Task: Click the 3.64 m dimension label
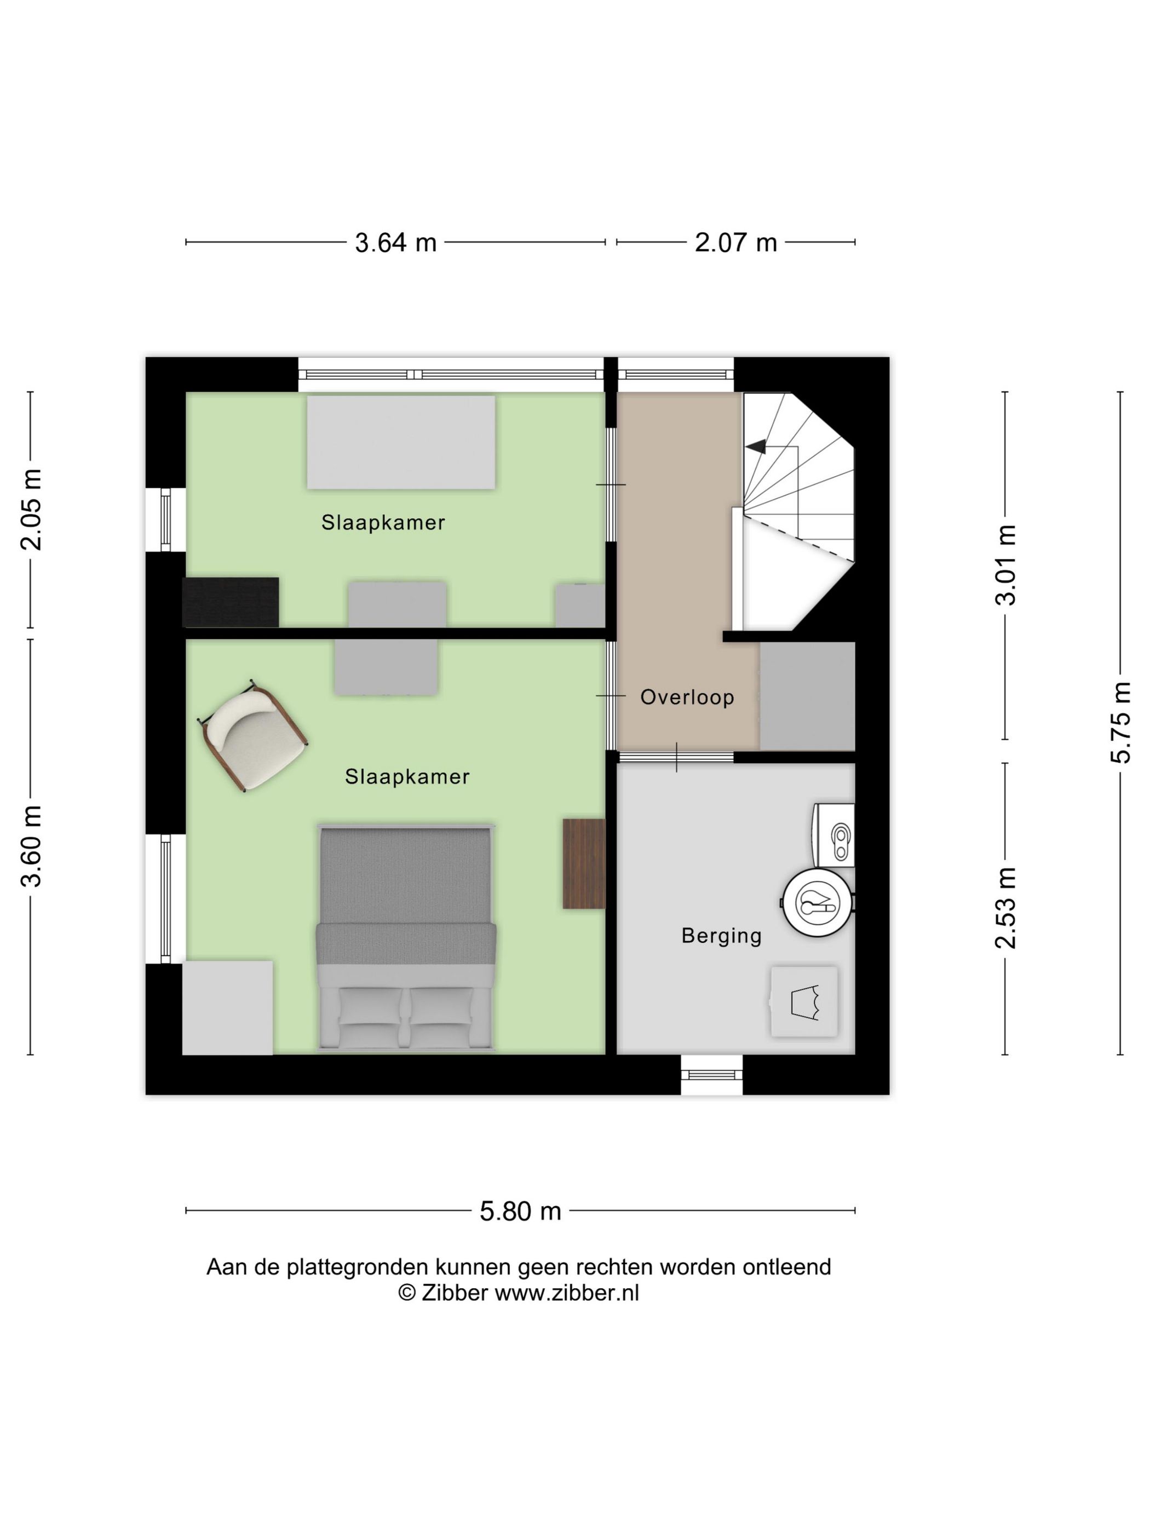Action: click(x=395, y=243)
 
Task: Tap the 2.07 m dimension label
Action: click(x=735, y=243)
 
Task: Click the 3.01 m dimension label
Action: click(x=1005, y=565)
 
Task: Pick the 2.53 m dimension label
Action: click(x=1005, y=908)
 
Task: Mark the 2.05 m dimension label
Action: click(x=31, y=509)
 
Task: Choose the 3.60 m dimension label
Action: click(x=31, y=846)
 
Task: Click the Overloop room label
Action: click(x=687, y=697)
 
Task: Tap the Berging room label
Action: click(x=722, y=936)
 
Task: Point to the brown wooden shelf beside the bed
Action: click(x=584, y=863)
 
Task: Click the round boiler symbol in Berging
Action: click(x=818, y=902)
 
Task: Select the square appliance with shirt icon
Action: click(x=804, y=1002)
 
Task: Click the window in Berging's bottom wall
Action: click(x=712, y=1075)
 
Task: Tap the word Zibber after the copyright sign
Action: click(x=454, y=1293)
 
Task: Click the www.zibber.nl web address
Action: click(x=567, y=1293)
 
